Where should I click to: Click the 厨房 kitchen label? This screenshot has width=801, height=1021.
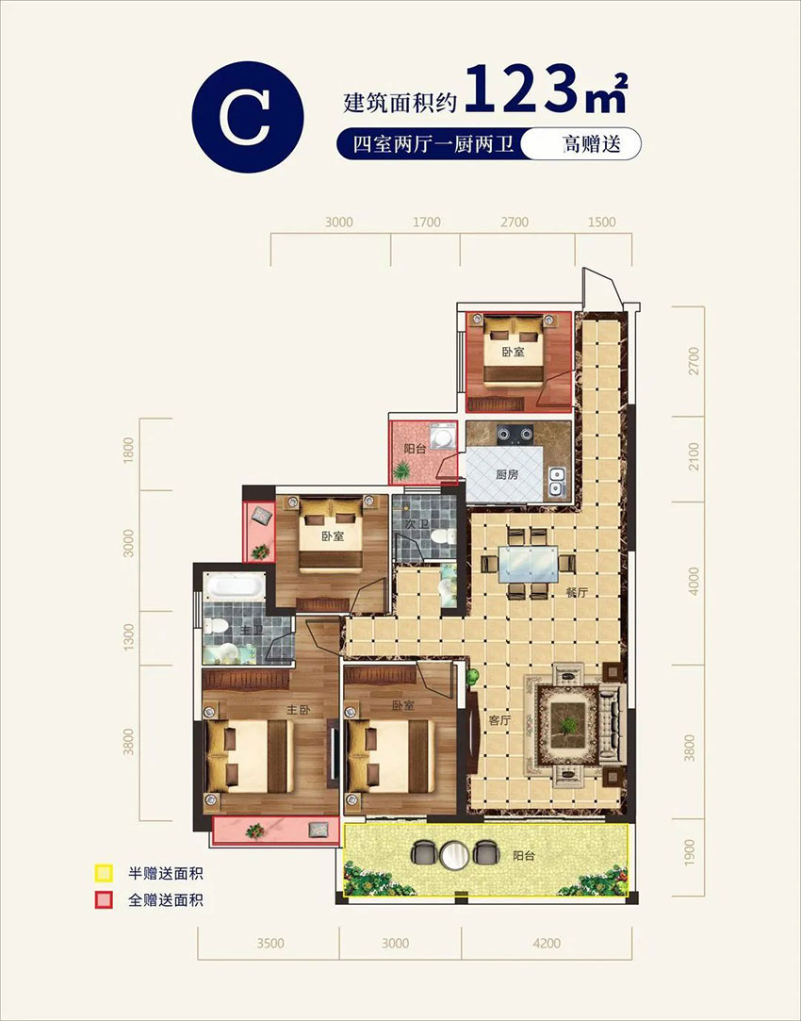point(506,474)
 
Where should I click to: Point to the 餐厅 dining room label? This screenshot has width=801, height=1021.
point(577,593)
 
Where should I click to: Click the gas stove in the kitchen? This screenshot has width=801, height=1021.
point(516,435)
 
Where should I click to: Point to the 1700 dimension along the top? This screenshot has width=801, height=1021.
point(427,222)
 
